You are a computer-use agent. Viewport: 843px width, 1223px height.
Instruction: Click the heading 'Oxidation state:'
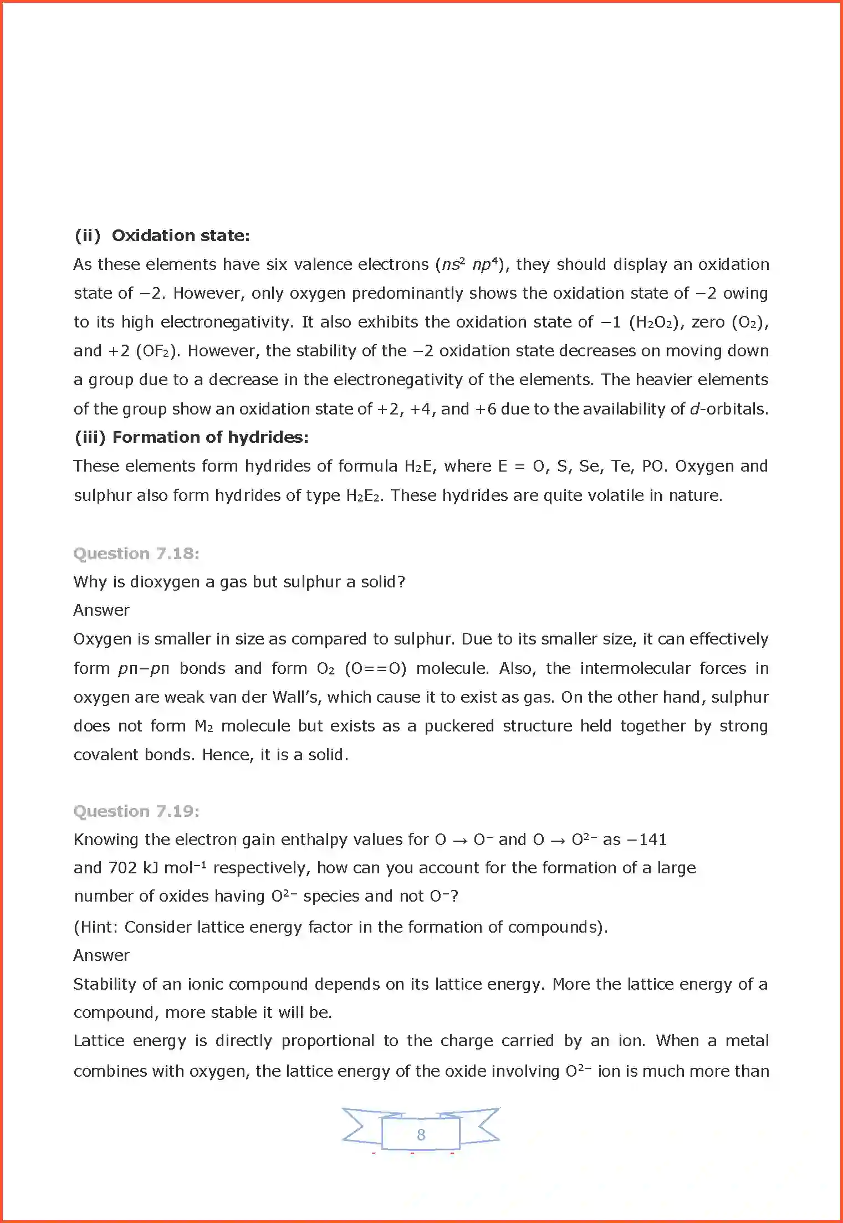point(181,236)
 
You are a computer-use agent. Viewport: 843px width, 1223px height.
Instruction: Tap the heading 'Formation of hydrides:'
point(210,437)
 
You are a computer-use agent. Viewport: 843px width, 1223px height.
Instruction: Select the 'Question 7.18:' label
point(136,554)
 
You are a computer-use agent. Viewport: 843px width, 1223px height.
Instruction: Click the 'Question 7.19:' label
point(136,811)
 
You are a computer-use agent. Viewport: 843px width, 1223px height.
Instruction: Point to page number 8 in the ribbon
point(421,1134)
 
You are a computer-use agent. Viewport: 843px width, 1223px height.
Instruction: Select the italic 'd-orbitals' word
point(728,409)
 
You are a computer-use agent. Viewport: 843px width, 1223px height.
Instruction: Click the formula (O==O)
point(376,668)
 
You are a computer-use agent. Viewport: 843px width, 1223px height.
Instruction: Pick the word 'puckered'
point(459,726)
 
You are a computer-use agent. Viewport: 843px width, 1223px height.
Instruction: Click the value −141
point(646,840)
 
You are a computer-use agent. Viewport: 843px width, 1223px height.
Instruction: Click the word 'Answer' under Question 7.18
point(101,610)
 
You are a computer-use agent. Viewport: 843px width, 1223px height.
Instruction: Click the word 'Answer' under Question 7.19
point(101,955)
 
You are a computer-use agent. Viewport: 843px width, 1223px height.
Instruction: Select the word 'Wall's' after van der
point(297,697)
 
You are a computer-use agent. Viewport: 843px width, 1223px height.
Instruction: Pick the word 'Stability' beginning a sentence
point(105,984)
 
